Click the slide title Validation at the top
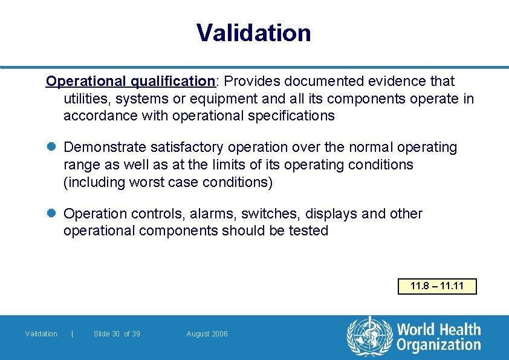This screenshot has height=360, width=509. (254, 33)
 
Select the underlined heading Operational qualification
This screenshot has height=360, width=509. (131, 81)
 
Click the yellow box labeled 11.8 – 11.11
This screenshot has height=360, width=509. (437, 286)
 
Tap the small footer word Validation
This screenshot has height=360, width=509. (41, 334)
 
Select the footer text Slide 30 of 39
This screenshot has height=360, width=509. (117, 334)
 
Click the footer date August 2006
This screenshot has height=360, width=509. (207, 334)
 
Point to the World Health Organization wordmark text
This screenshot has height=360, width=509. (438, 337)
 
